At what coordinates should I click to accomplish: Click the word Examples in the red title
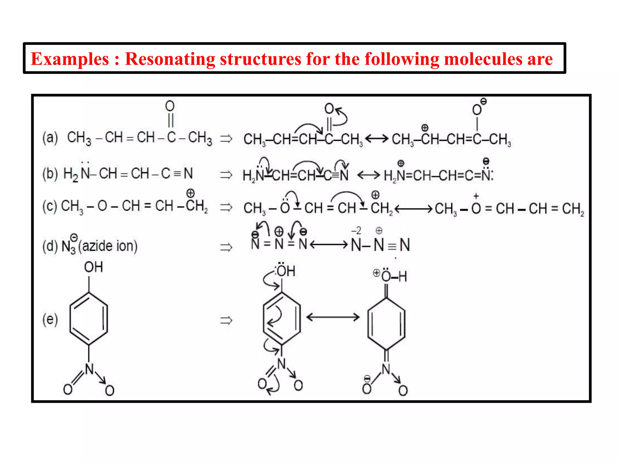(x=70, y=59)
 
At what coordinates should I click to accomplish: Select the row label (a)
(x=50, y=138)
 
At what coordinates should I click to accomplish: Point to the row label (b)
(x=50, y=174)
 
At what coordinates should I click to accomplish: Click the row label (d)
(x=50, y=246)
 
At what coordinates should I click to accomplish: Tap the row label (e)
(x=50, y=319)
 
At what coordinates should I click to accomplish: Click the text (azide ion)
(x=108, y=246)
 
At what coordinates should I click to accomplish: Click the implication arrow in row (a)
(x=226, y=139)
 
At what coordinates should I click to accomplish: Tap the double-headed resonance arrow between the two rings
(x=333, y=317)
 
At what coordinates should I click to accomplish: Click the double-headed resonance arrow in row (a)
(x=377, y=139)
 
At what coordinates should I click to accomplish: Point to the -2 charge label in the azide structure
(x=356, y=231)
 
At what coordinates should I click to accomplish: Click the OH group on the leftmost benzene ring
(x=93, y=267)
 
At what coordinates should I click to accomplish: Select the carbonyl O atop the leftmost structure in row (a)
(x=170, y=106)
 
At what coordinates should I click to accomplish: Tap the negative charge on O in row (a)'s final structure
(x=483, y=102)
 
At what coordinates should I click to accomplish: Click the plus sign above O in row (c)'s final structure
(x=476, y=196)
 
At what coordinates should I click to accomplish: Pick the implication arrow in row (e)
(x=226, y=320)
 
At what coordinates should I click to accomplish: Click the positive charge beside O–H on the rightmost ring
(x=376, y=273)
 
